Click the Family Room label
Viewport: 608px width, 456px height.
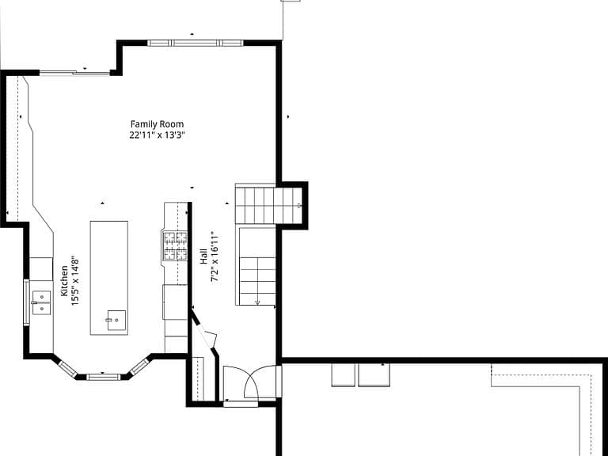[x=157, y=124]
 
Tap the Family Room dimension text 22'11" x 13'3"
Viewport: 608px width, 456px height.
[x=157, y=135]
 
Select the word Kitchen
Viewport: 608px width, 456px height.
[x=64, y=281]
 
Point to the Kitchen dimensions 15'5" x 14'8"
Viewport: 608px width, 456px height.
[x=75, y=281]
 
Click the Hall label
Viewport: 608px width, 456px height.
[x=204, y=256]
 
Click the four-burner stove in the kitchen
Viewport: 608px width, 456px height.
[x=175, y=246]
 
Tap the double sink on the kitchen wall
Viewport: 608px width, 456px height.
[x=41, y=302]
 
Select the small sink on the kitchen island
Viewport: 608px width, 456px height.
[x=116, y=321]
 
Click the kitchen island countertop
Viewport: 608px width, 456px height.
[x=109, y=278]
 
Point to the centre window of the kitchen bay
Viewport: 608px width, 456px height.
[x=103, y=377]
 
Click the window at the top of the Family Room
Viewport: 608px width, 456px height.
[x=196, y=43]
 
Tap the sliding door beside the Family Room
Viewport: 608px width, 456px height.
[x=75, y=72]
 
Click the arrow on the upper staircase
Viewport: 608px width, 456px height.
[x=298, y=206]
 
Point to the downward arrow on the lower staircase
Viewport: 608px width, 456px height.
[x=257, y=301]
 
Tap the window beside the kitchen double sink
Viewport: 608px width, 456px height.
[x=26, y=302]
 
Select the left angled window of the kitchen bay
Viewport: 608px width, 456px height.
[x=67, y=368]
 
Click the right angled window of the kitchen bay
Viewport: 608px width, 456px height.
[x=139, y=367]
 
